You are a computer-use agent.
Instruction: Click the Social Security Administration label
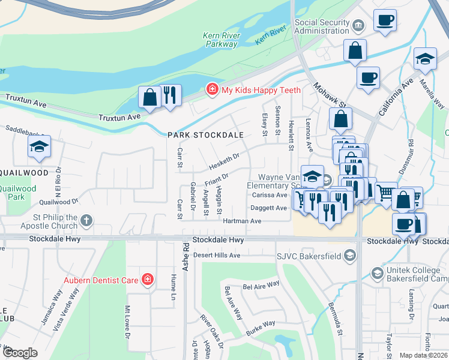click(322, 26)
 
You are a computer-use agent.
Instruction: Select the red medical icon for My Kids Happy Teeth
click(212, 90)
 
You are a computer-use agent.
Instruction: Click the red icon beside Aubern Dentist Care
click(147, 280)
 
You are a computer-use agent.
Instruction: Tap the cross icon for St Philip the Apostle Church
click(87, 221)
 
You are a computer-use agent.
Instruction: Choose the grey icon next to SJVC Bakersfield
click(350, 257)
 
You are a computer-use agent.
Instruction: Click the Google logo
click(20, 353)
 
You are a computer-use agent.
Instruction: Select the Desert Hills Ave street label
click(215, 255)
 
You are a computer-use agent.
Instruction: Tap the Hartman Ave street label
click(243, 221)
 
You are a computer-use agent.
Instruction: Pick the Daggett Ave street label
click(268, 208)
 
